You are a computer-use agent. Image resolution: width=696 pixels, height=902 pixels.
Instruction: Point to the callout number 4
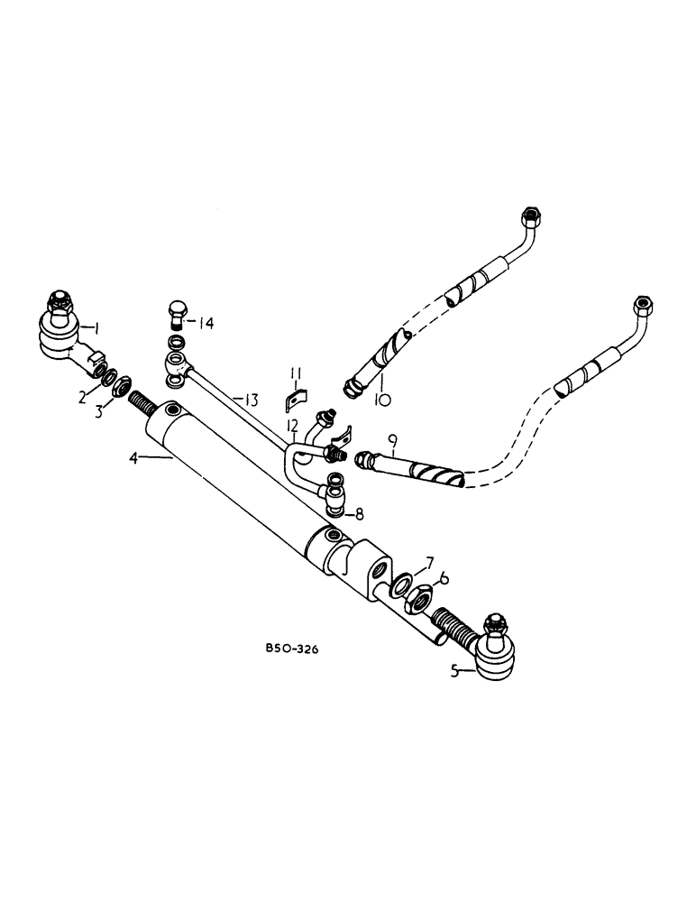[134, 458]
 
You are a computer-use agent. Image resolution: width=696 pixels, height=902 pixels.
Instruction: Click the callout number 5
[458, 669]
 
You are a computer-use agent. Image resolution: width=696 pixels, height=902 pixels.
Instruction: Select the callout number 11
[294, 374]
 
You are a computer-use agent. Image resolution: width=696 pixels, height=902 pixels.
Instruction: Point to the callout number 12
[292, 425]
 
